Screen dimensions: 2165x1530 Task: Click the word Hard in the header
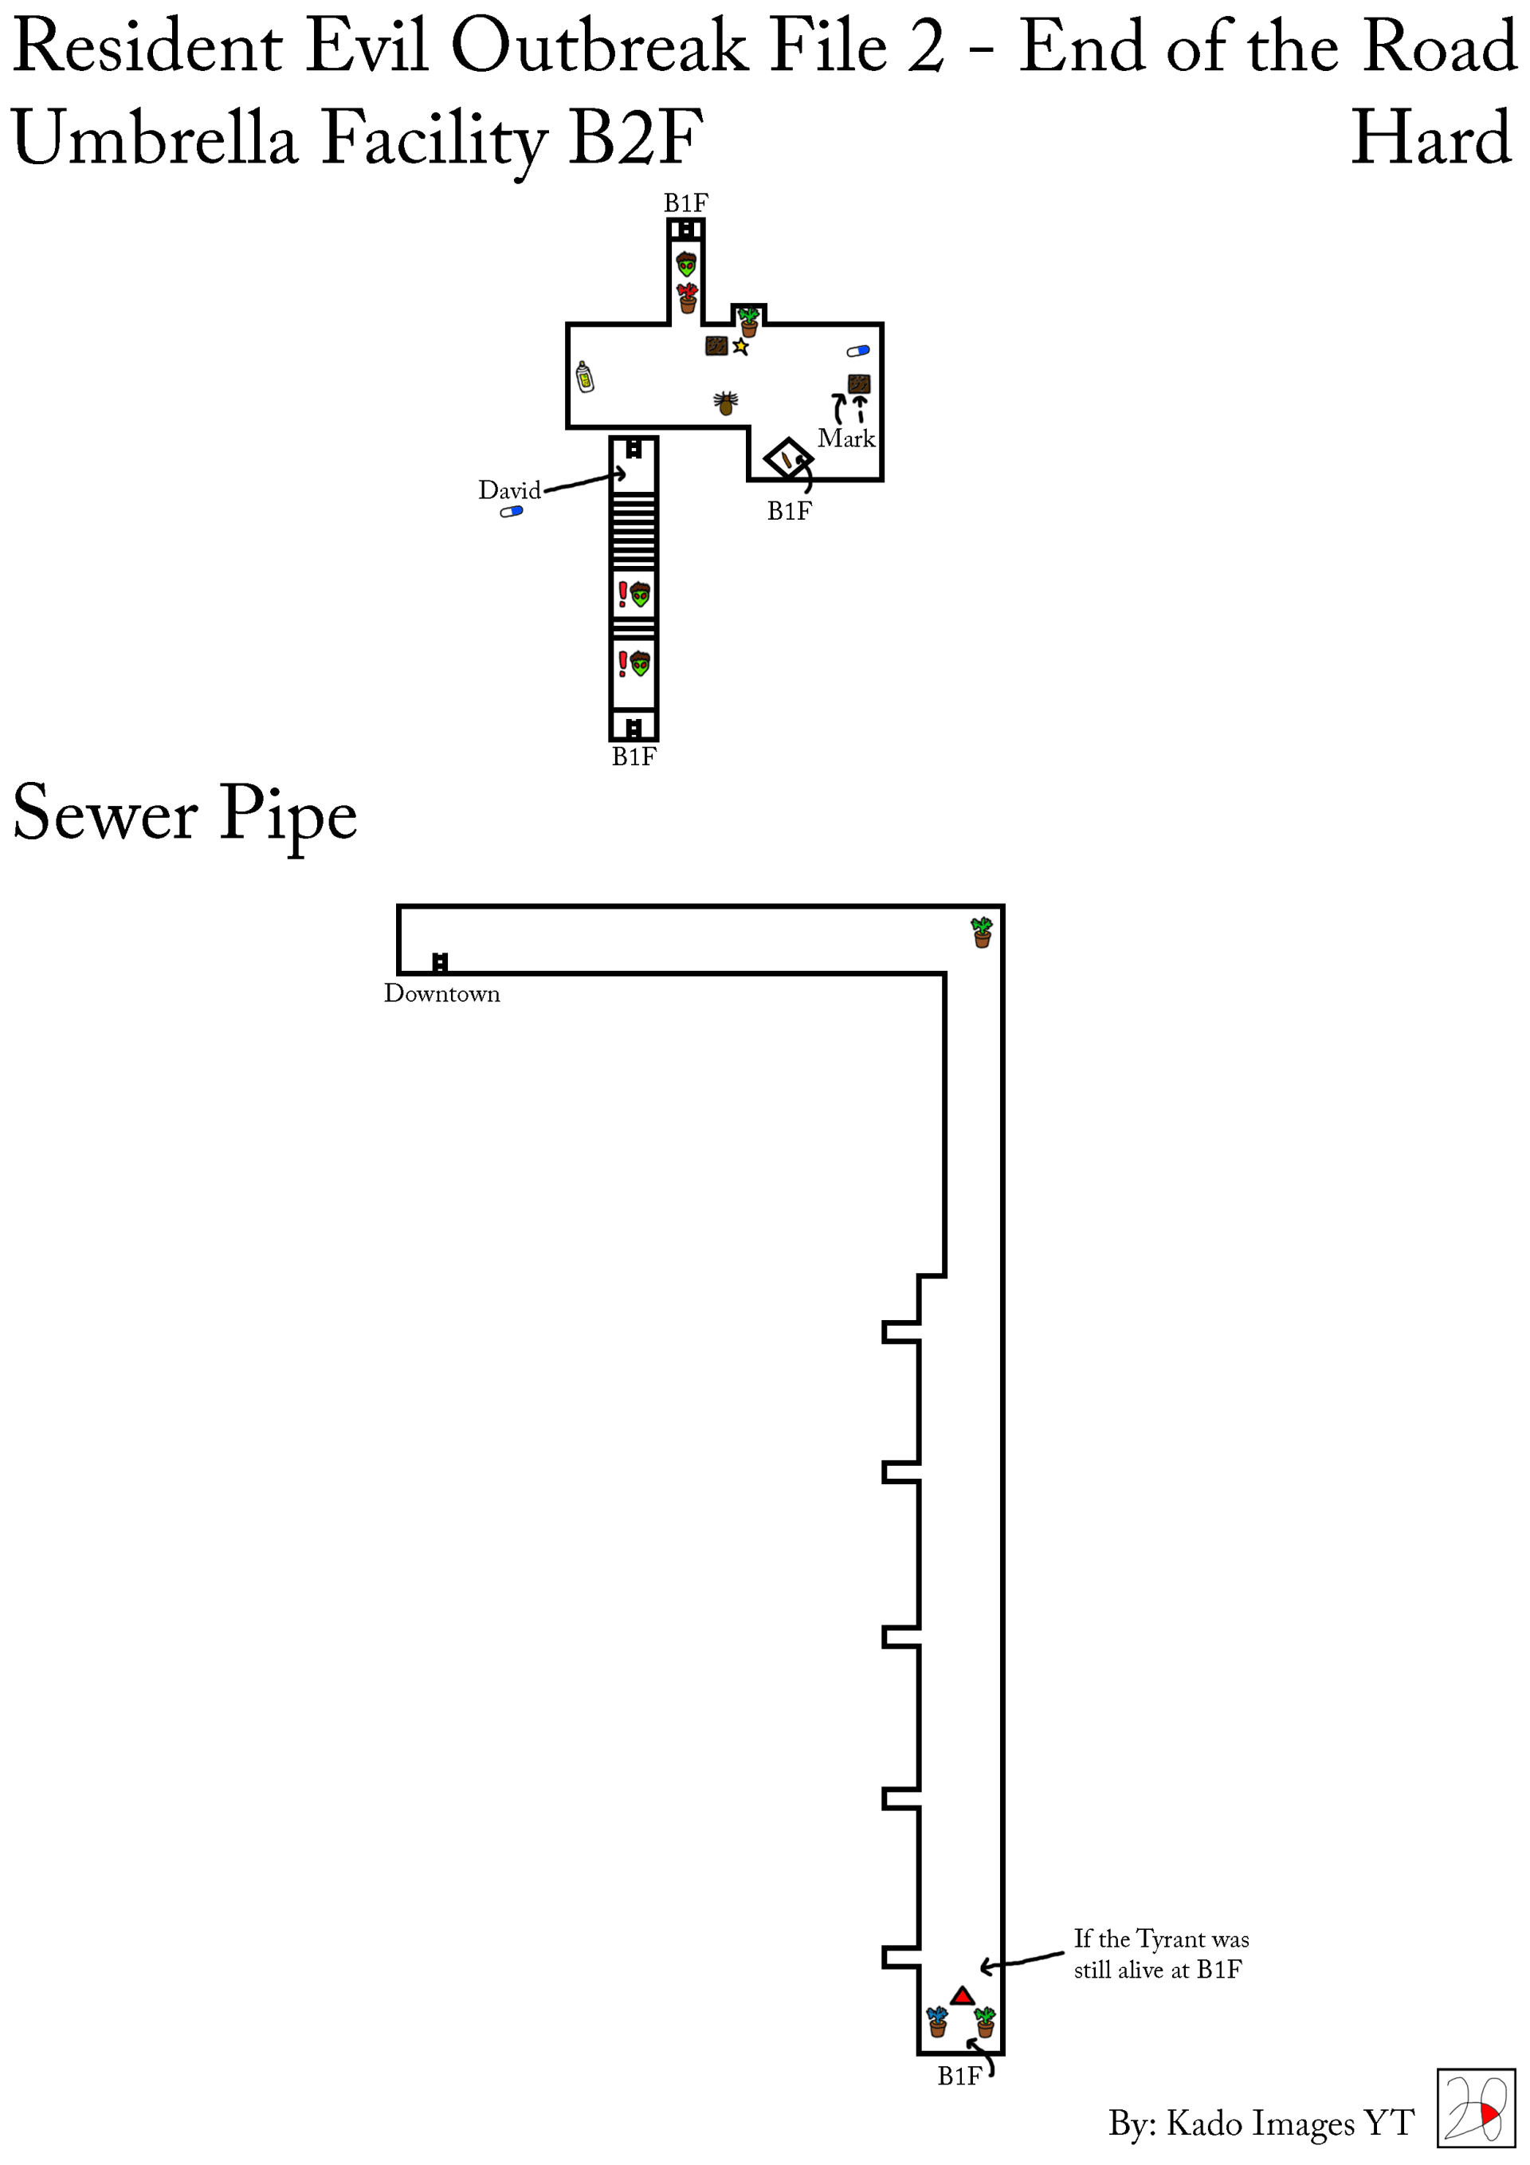click(1431, 139)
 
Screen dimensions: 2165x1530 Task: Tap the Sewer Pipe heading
click(185, 814)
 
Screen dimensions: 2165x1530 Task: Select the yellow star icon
click(741, 347)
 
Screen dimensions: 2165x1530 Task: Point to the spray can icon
click(584, 377)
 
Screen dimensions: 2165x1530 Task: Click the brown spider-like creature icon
click(725, 403)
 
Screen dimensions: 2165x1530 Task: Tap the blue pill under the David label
click(511, 512)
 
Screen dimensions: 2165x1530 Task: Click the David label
click(509, 490)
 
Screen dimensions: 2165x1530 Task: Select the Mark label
click(845, 438)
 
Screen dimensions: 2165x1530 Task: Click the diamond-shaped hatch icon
click(787, 459)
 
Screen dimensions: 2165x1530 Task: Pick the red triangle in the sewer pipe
click(962, 1996)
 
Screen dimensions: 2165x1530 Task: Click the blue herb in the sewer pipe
click(937, 2022)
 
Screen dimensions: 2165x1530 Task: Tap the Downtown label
click(441, 994)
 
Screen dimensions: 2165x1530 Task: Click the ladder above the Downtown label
click(439, 962)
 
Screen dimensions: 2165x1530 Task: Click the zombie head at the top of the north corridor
click(686, 263)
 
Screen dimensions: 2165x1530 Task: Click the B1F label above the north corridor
click(685, 202)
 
